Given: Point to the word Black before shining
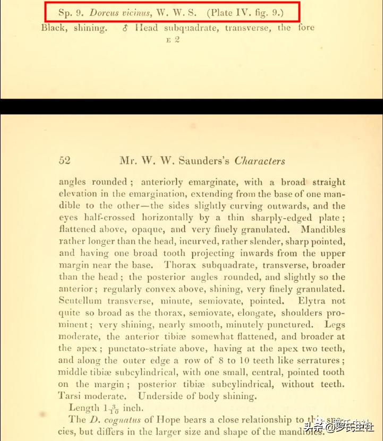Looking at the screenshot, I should pyautogui.click(x=54, y=28).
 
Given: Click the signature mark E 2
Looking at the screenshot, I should pyautogui.click(x=173, y=40).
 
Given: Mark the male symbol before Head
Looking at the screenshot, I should pyautogui.click(x=125, y=28).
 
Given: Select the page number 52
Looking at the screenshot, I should pyautogui.click(x=65, y=161).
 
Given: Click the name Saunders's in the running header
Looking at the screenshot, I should pyautogui.click(x=202, y=161).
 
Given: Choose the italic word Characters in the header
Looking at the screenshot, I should pyautogui.click(x=260, y=161).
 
